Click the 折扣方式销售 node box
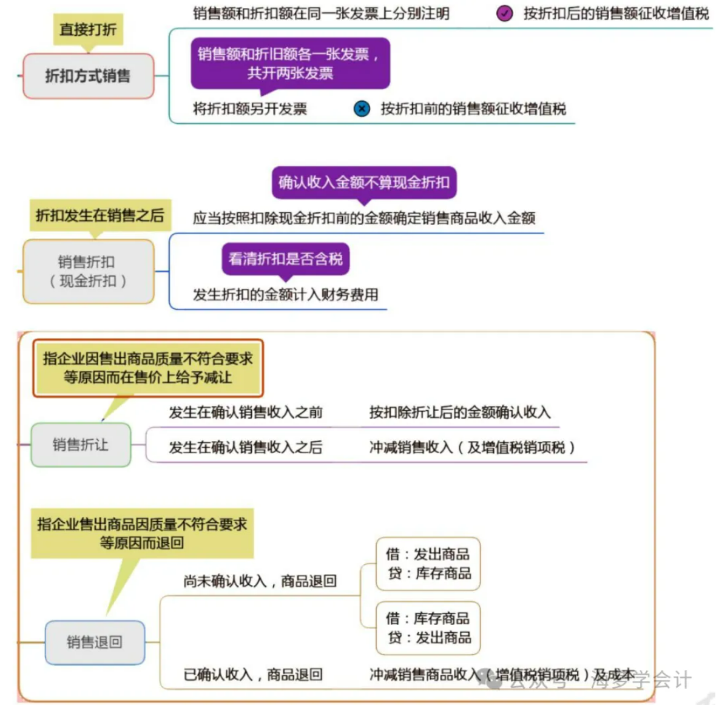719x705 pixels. click(x=88, y=76)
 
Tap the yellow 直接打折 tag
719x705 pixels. click(x=88, y=29)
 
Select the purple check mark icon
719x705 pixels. click(x=504, y=13)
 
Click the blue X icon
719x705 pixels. click(x=362, y=109)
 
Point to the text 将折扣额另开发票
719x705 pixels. click(x=250, y=109)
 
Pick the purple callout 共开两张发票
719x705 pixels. click(x=290, y=64)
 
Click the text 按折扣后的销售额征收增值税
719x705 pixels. click(x=616, y=13)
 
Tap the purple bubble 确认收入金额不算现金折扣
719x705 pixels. click(x=363, y=182)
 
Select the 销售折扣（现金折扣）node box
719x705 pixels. click(x=88, y=271)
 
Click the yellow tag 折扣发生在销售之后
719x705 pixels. click(x=100, y=215)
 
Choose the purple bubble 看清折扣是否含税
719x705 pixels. click(x=285, y=259)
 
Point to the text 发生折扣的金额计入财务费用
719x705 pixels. click(x=285, y=295)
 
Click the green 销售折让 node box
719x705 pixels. click(x=81, y=445)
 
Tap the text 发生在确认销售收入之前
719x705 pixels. click(x=246, y=413)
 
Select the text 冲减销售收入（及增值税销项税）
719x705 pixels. click(x=472, y=448)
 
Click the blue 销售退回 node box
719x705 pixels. click(x=95, y=642)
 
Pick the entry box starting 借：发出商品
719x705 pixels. click(x=428, y=564)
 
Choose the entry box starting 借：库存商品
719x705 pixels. click(x=428, y=628)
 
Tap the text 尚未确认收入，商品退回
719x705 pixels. click(x=260, y=581)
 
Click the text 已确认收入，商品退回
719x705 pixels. click(x=253, y=675)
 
